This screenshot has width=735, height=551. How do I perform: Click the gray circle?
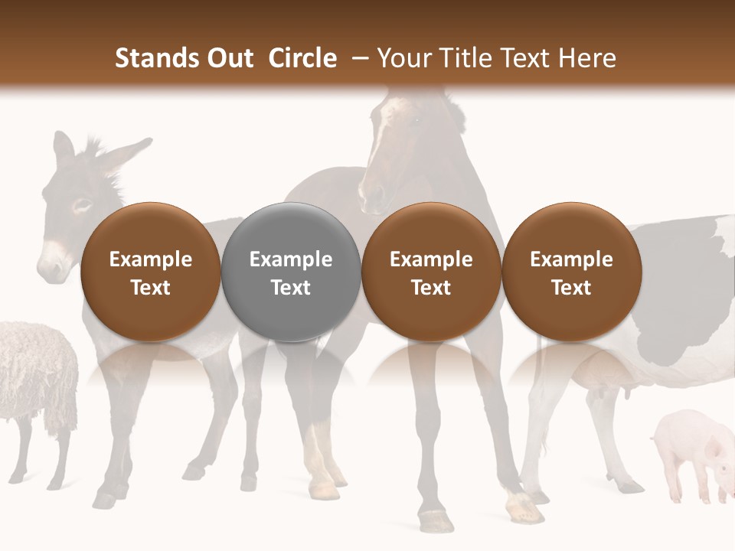point(290,272)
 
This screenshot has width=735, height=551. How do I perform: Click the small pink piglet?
point(689,452)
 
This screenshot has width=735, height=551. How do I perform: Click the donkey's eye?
point(81,204)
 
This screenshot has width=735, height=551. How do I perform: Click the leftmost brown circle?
point(150,272)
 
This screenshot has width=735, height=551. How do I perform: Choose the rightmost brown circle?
point(571,272)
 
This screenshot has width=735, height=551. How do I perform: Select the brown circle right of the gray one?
point(431,272)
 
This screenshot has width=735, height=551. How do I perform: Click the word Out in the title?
point(228,58)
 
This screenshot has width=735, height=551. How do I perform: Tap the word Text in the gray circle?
point(290,288)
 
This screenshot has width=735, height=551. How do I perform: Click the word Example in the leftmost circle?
point(150,259)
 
